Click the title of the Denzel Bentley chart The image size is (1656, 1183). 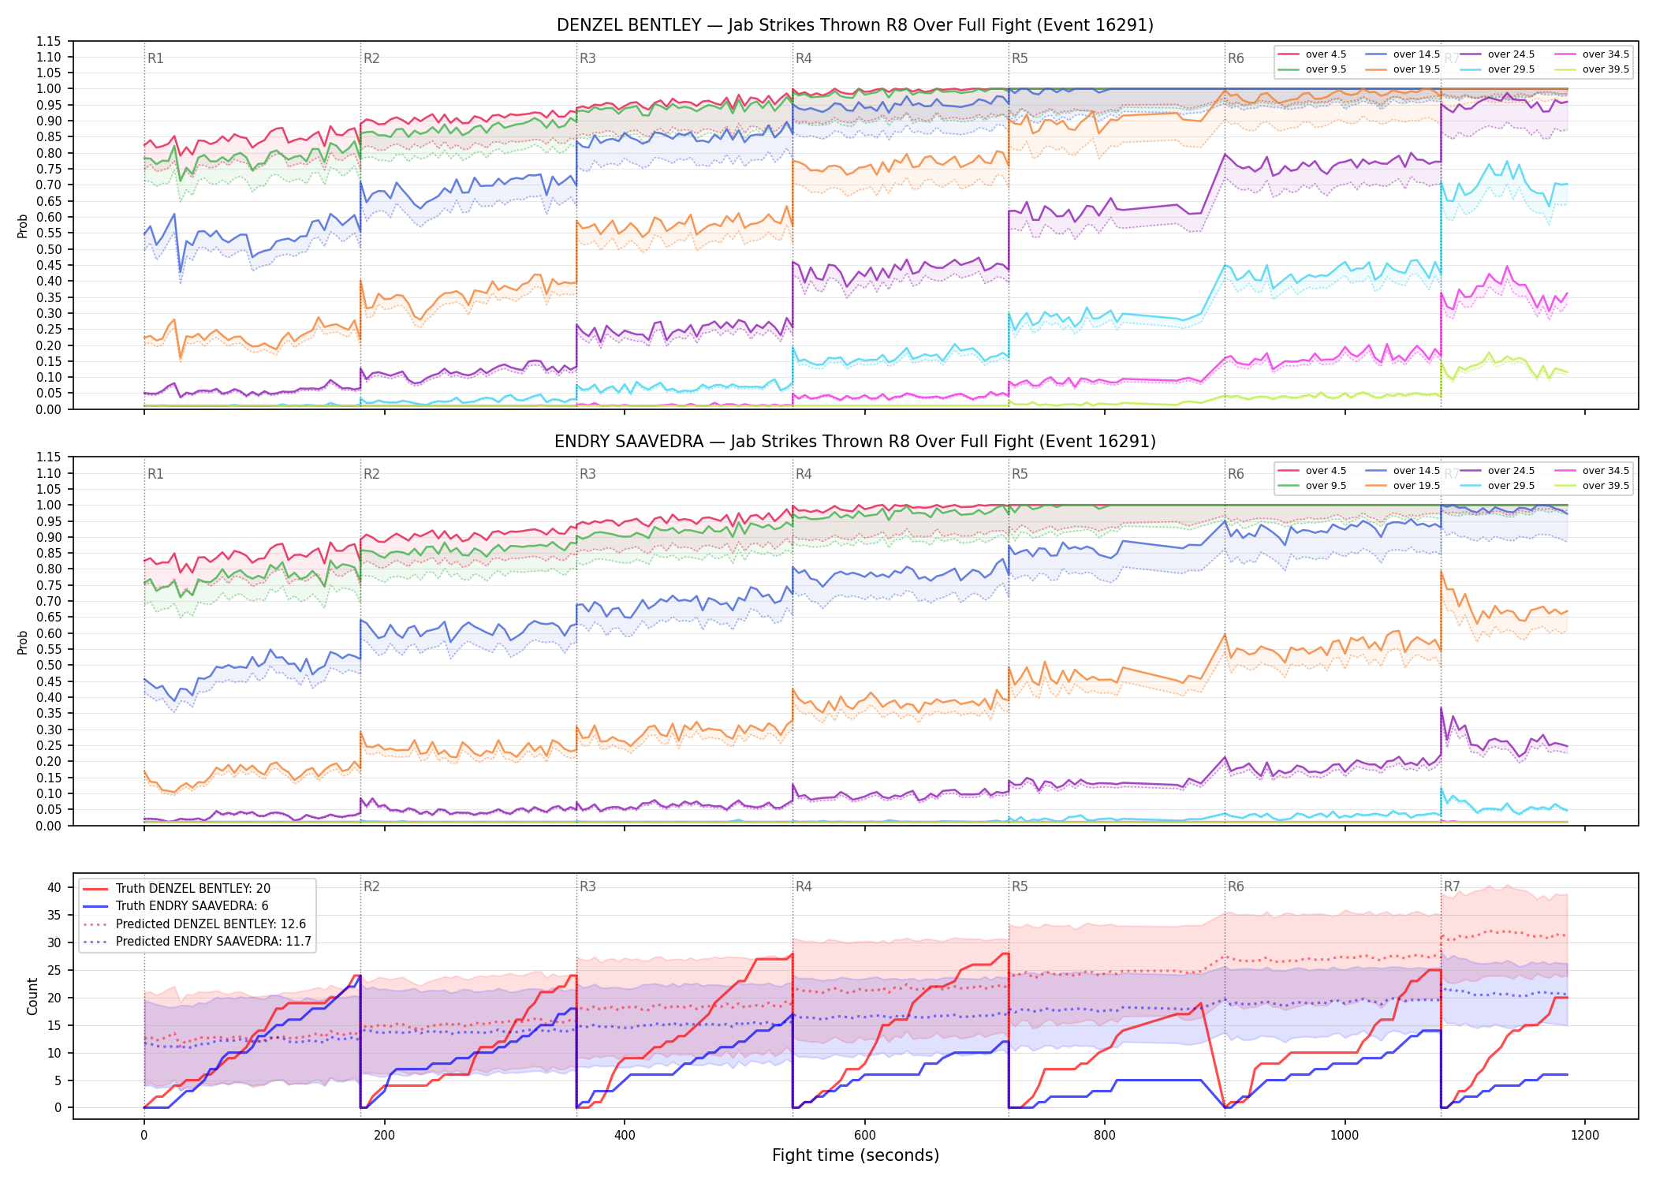point(855,25)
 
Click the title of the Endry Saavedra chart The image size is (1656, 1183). point(855,442)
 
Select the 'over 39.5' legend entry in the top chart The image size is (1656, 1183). point(1591,69)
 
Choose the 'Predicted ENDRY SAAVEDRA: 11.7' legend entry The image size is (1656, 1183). point(197,942)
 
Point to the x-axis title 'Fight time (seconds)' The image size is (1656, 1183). point(856,1155)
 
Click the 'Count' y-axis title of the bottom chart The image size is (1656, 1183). point(32,996)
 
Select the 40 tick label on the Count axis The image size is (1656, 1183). point(54,887)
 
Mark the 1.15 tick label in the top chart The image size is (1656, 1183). point(48,41)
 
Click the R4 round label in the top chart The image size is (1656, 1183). point(804,58)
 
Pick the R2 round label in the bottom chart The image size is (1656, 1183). point(371,886)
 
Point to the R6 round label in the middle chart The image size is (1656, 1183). point(1236,474)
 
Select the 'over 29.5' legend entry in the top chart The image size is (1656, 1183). point(1497,69)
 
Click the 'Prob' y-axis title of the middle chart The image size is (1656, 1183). point(23,642)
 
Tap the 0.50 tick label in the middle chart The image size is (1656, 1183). point(48,665)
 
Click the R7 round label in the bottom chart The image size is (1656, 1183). point(1452,886)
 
